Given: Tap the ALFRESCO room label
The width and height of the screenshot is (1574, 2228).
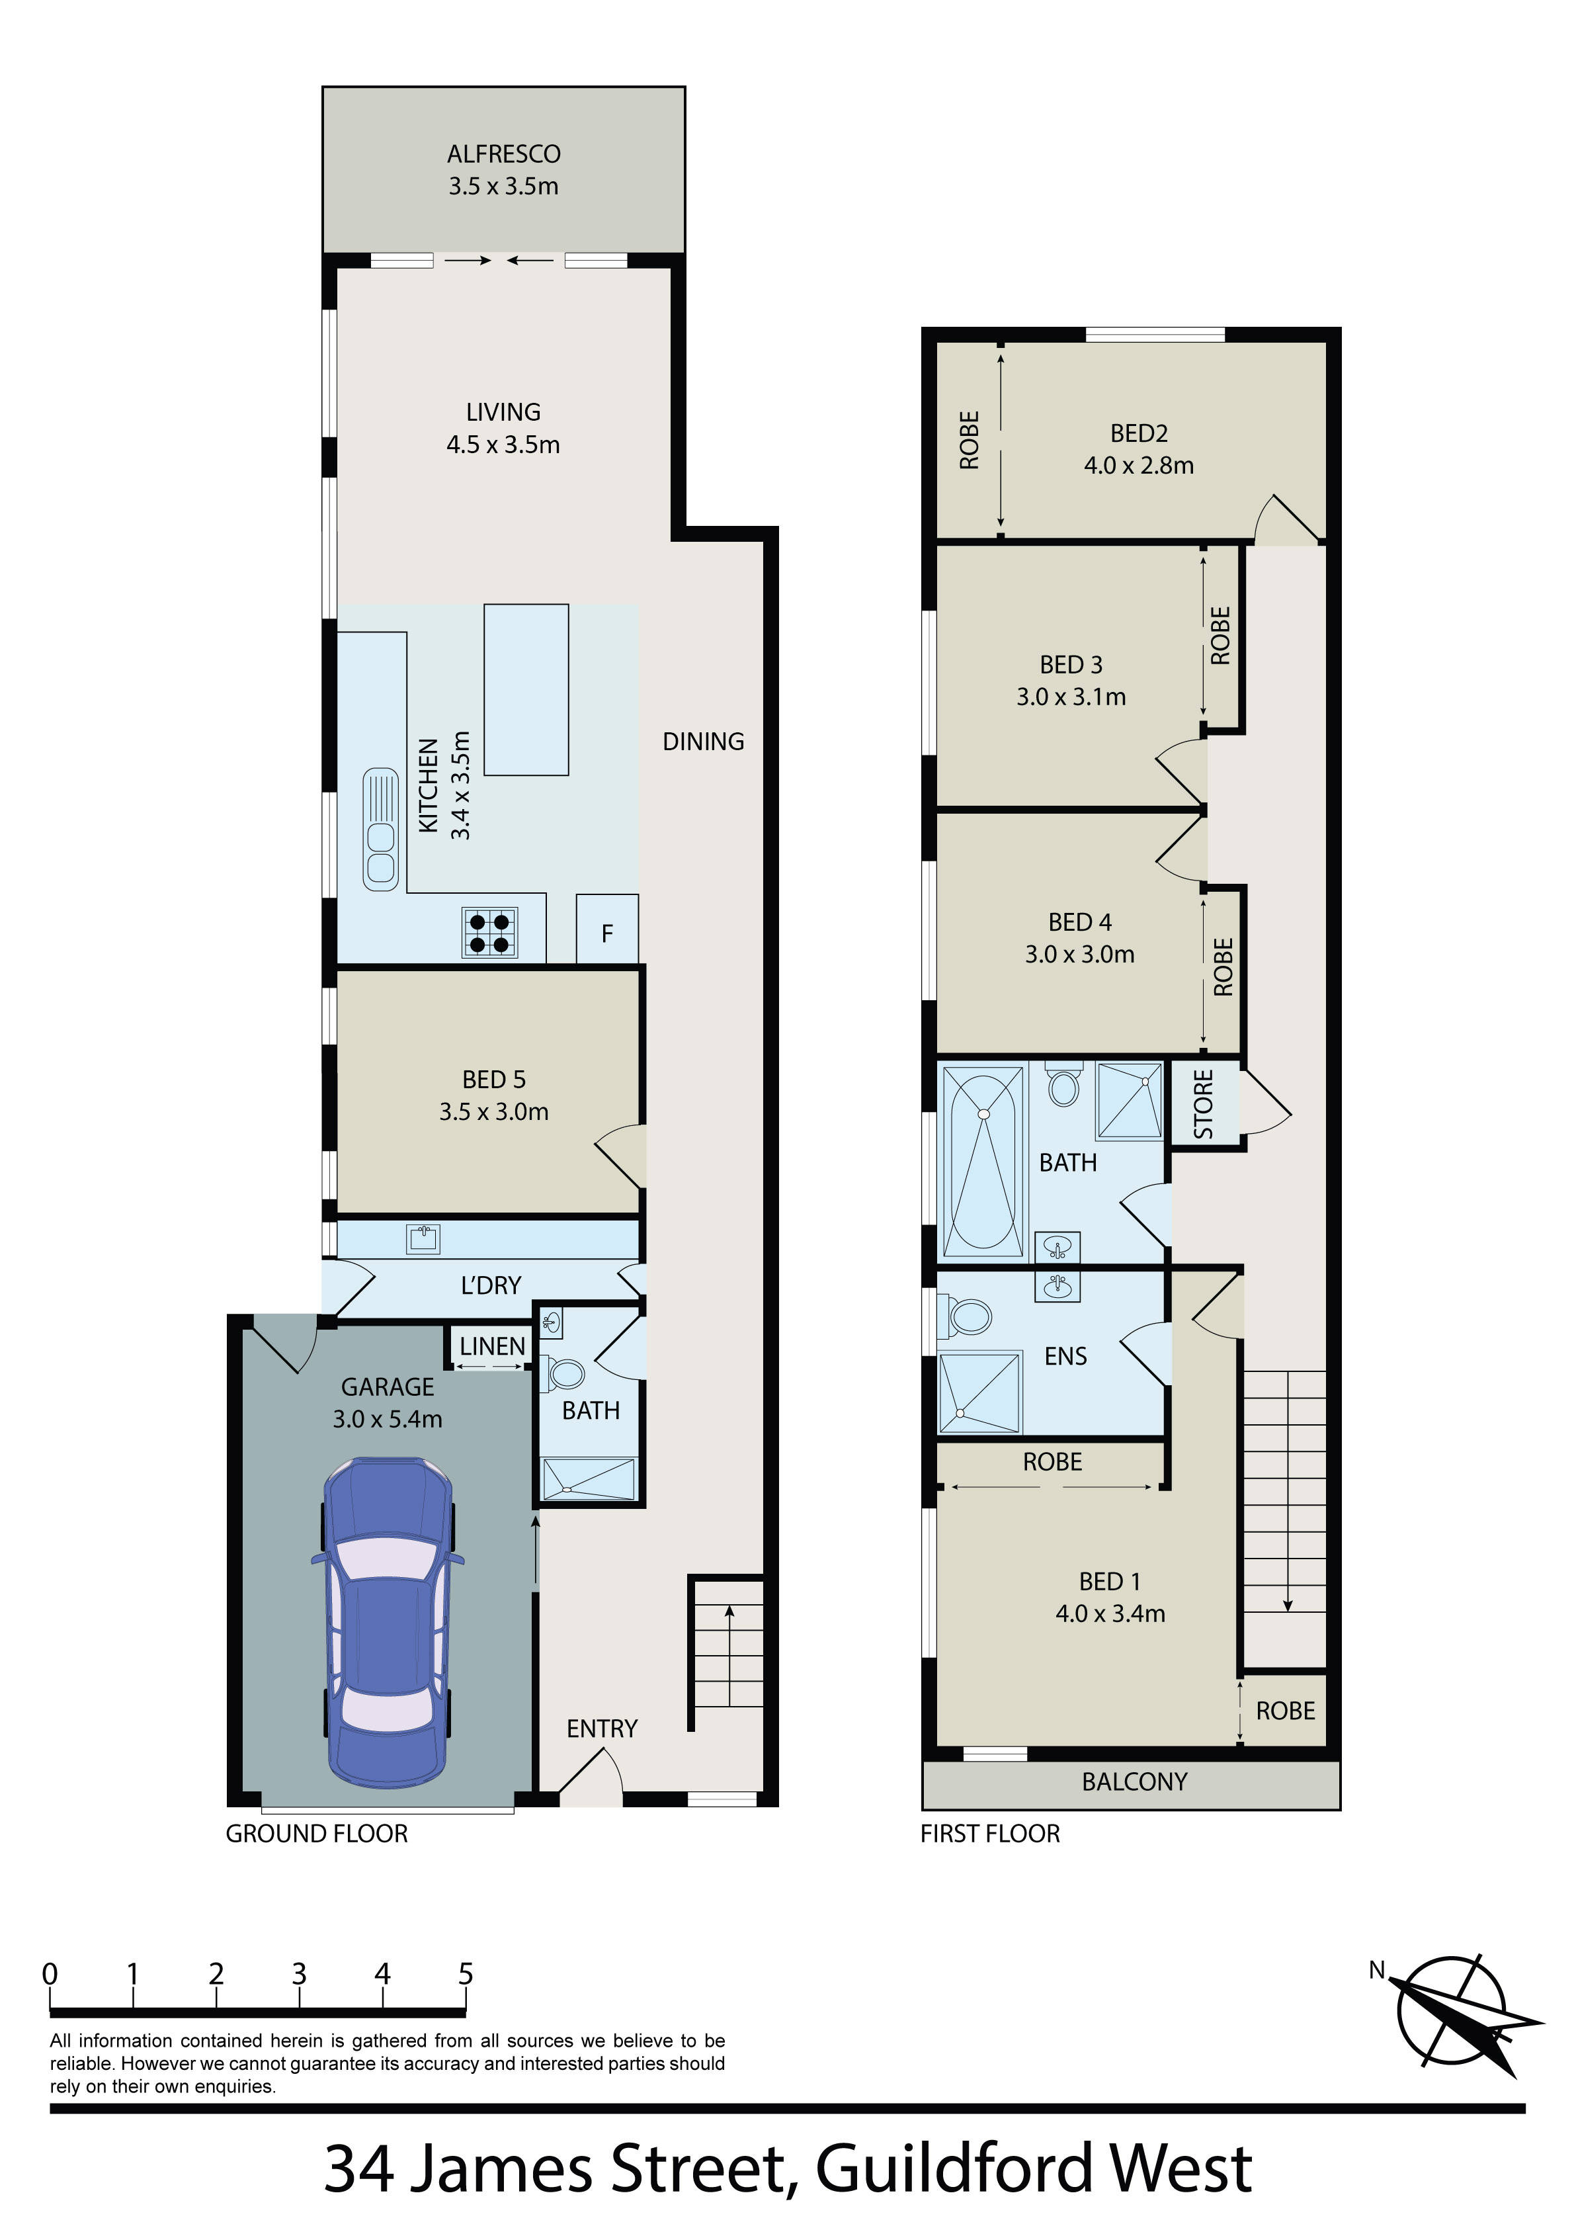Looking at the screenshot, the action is coord(504,154).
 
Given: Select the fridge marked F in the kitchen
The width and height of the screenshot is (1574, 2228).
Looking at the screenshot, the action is coord(608,929).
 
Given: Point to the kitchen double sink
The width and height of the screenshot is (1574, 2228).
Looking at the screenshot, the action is coord(380,829).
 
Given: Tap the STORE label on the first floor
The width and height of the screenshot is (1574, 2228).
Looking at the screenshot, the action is coord(1203,1104).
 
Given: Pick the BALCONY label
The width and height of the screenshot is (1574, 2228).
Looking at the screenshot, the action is coord(1134,1781).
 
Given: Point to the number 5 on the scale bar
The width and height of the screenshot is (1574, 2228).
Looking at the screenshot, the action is coord(466,1974).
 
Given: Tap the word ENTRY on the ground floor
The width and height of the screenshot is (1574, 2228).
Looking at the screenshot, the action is coord(602,1729).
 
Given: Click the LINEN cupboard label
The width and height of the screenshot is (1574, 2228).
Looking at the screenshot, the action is coord(492,1346).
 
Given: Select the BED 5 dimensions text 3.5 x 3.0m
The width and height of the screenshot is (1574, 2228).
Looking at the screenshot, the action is coord(494,1112).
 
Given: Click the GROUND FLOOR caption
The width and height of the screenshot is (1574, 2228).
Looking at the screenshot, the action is coord(316,1833).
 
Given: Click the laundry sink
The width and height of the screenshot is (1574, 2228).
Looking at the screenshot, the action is coord(423,1239).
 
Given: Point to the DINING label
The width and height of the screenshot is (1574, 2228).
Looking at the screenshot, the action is coord(704,742).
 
